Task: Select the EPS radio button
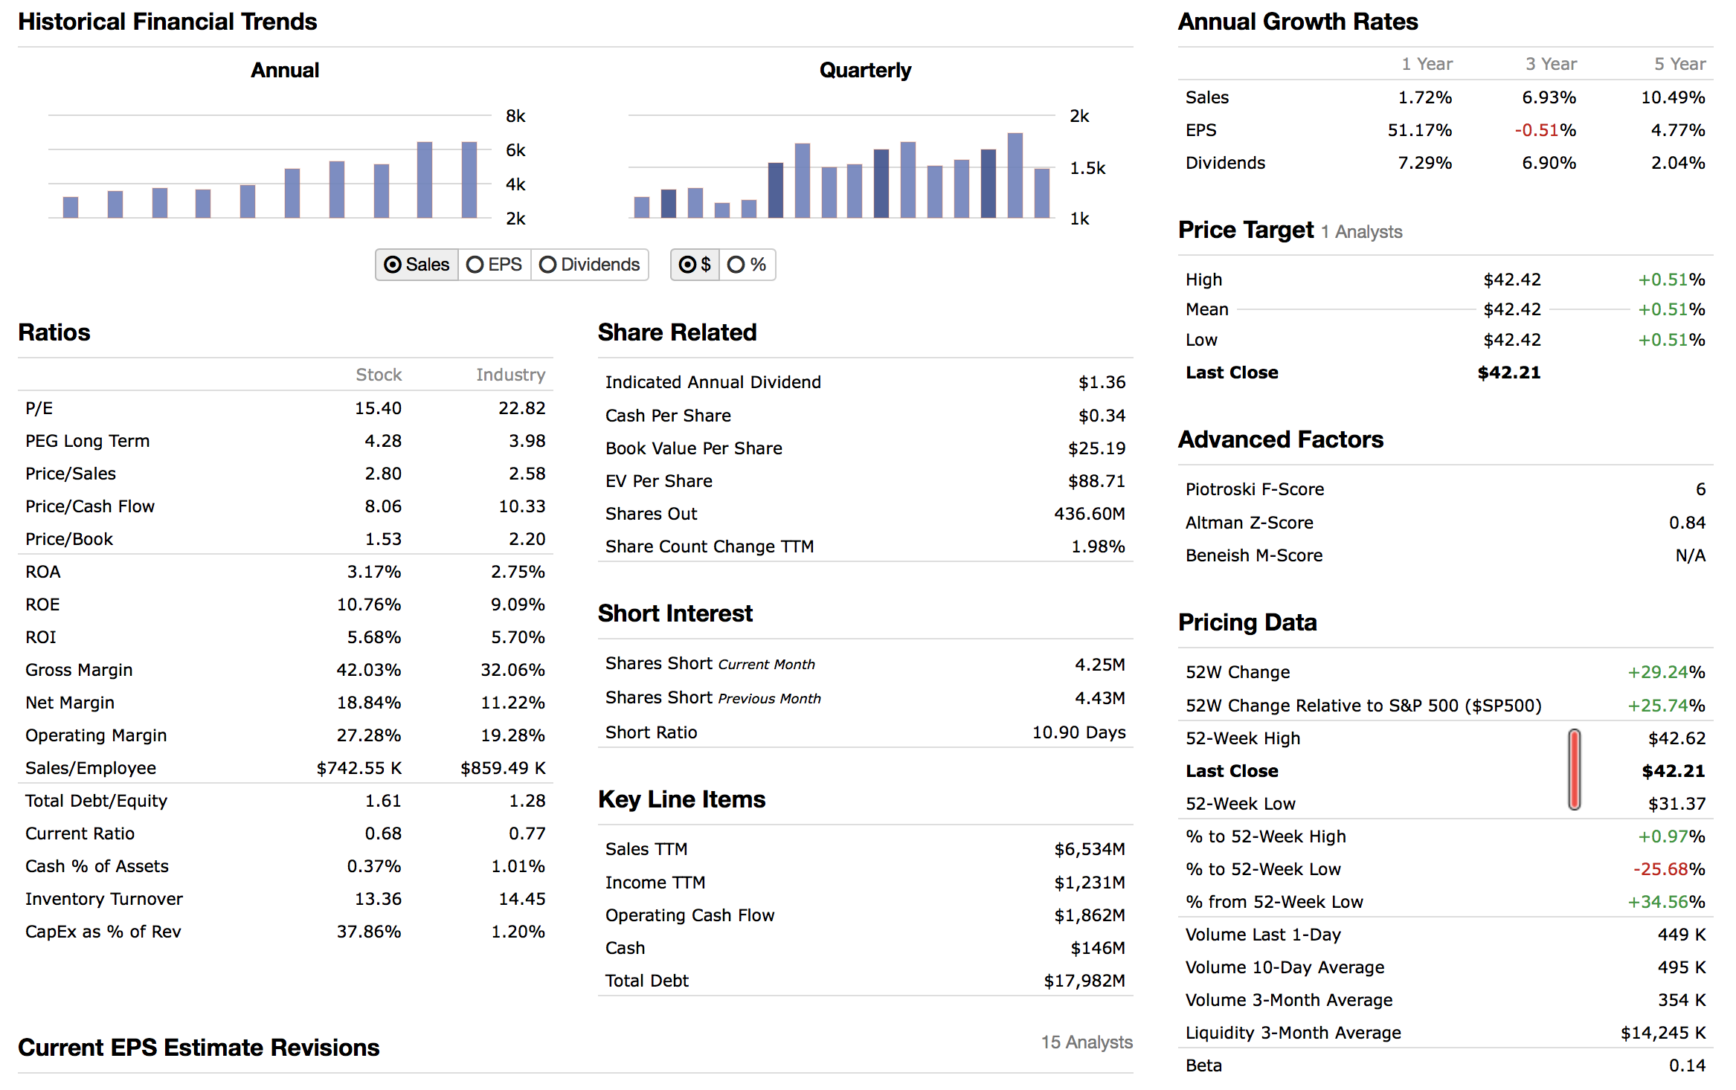(x=475, y=265)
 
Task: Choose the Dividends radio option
(x=548, y=265)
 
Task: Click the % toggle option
(x=736, y=265)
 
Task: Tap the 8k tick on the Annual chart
(x=515, y=116)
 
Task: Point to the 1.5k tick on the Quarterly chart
(x=1087, y=168)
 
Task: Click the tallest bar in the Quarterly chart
(x=1015, y=175)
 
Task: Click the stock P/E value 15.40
(x=378, y=408)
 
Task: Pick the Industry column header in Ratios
(x=510, y=375)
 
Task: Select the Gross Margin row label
(x=79, y=670)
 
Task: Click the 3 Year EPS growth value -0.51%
(x=1545, y=130)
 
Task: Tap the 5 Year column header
(x=1679, y=64)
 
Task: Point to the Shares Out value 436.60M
(x=1089, y=514)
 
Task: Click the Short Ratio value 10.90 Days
(x=1078, y=732)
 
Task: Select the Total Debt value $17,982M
(x=1084, y=981)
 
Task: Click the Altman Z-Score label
(x=1249, y=523)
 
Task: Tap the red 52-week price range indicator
(x=1574, y=770)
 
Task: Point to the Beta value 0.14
(x=1686, y=1065)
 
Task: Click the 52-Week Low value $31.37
(x=1676, y=804)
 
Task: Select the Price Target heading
(x=1246, y=230)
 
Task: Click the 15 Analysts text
(x=1086, y=1042)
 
